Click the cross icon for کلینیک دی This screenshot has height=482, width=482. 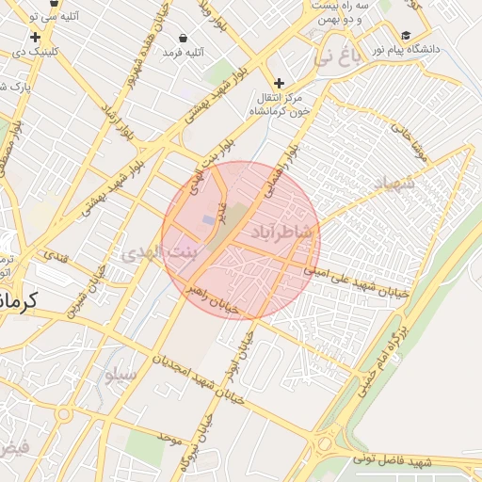click(x=36, y=38)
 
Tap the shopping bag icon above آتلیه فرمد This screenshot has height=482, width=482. click(x=182, y=38)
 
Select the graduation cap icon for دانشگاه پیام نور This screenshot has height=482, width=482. click(x=407, y=32)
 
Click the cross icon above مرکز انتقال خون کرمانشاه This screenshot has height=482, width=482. click(x=279, y=83)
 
